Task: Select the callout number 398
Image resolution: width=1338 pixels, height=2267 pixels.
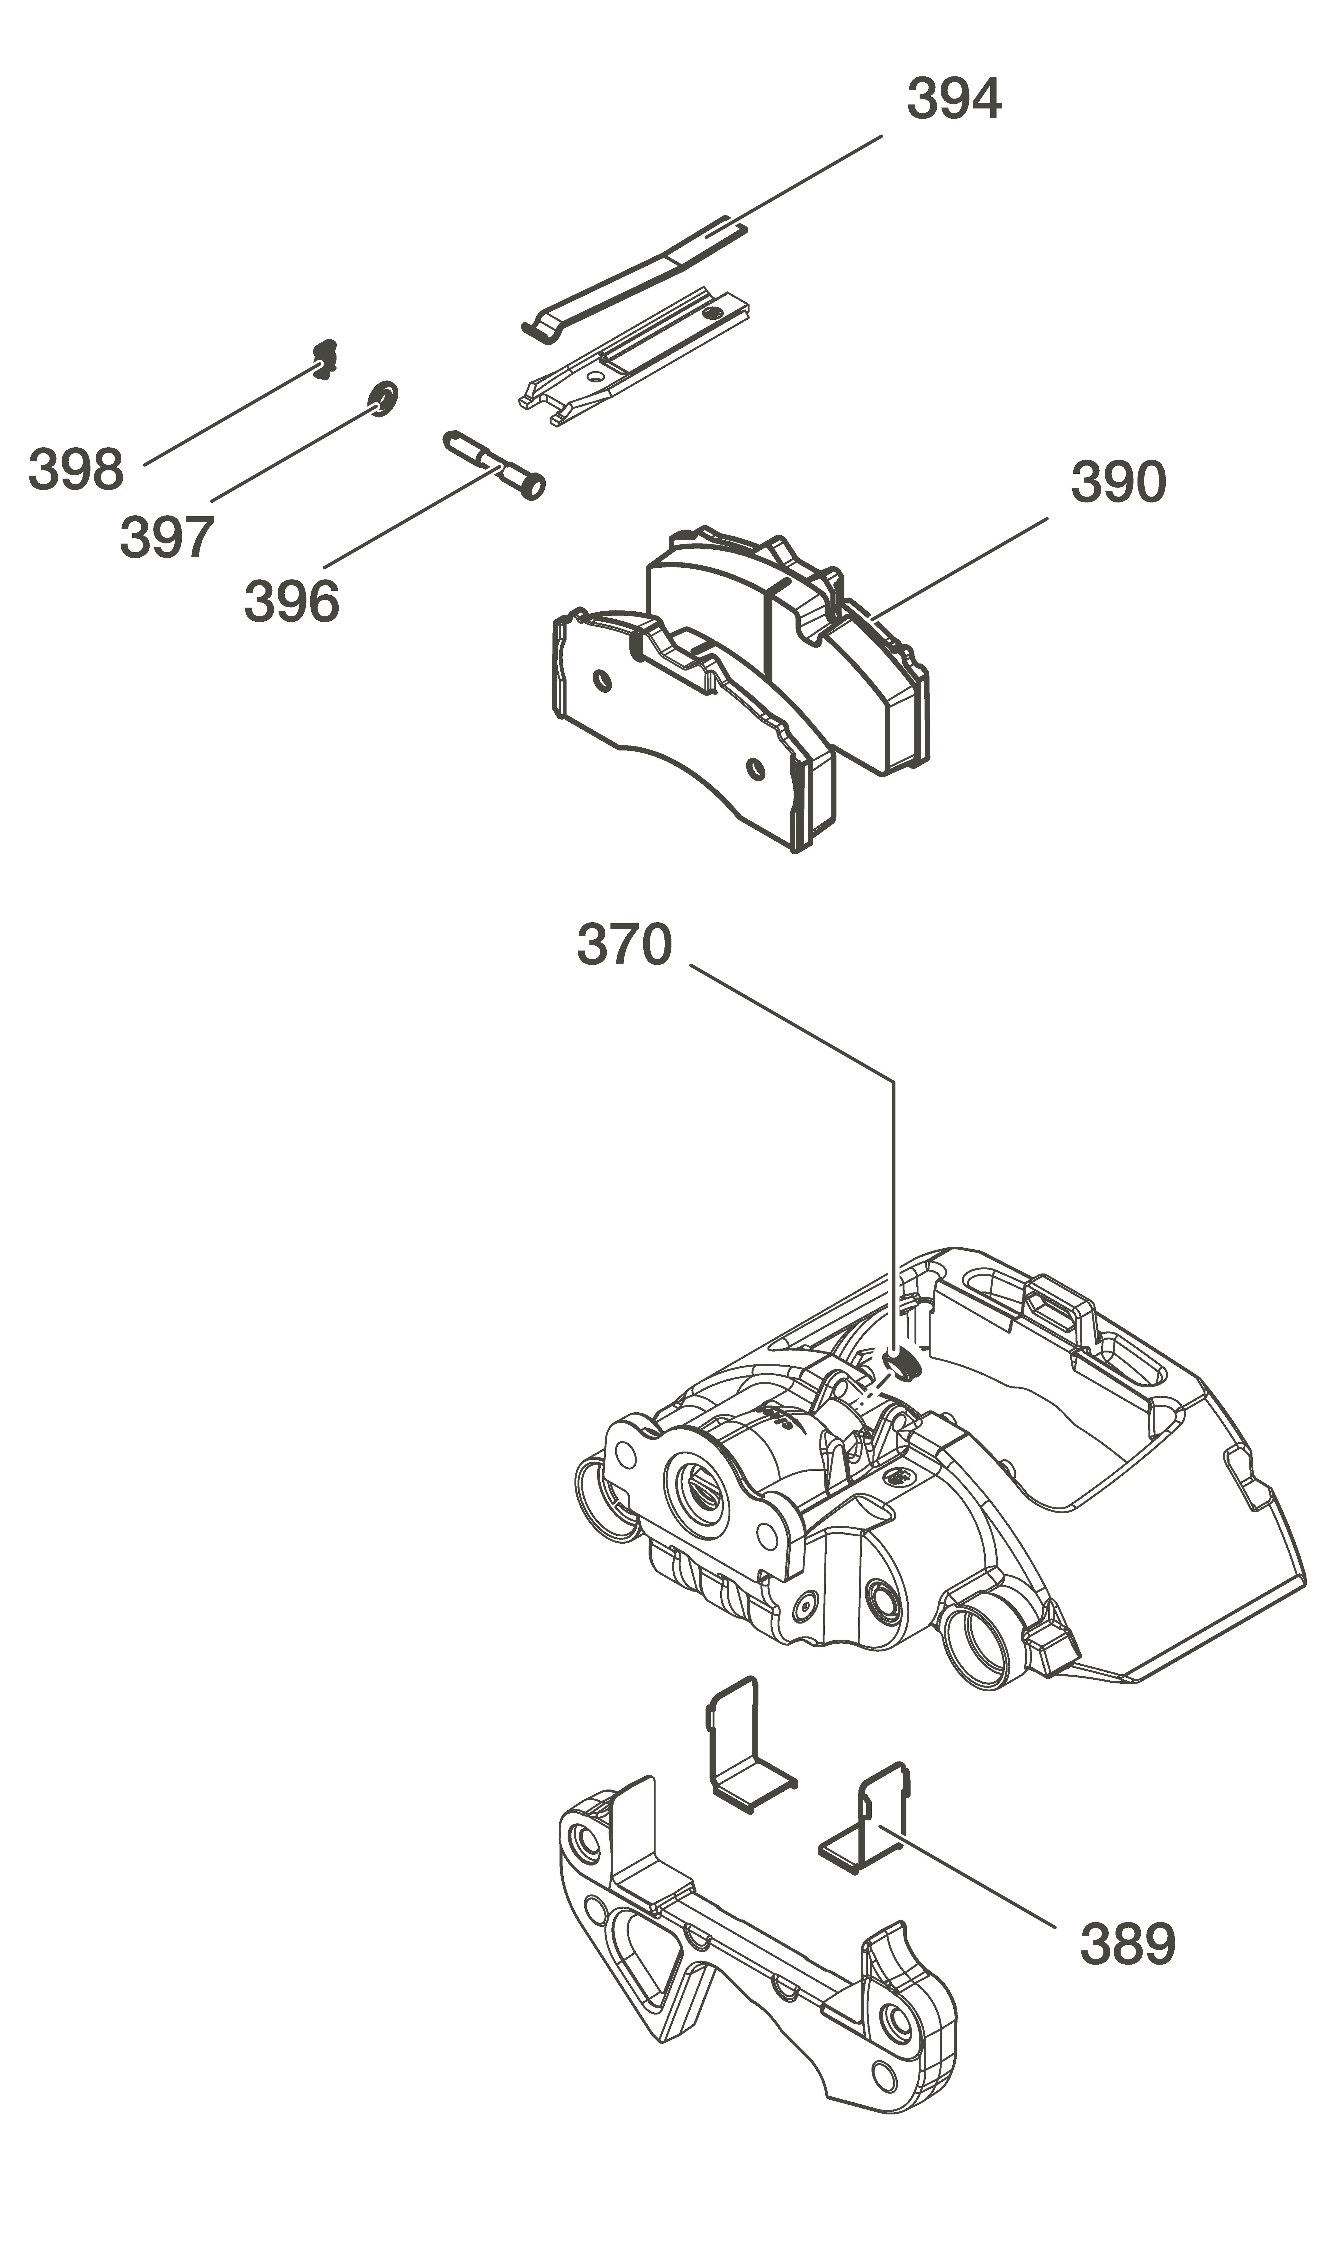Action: pyautogui.click(x=76, y=470)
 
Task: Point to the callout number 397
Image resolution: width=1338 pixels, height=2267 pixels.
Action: pyautogui.click(x=167, y=537)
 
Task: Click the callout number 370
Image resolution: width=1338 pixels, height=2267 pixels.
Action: pyautogui.click(x=624, y=944)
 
